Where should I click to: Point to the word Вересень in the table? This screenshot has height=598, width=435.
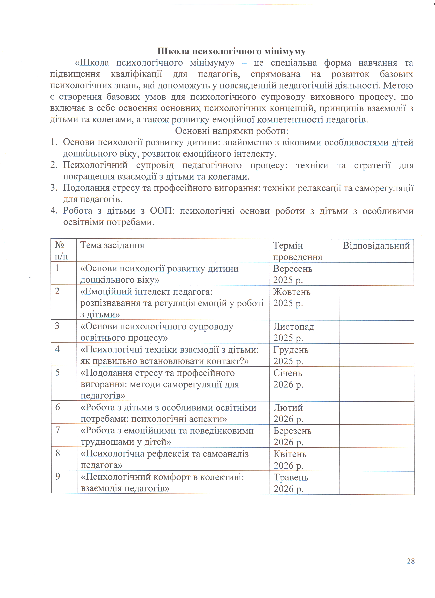tap(293, 269)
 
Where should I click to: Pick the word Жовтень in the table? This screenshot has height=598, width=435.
tap(292, 292)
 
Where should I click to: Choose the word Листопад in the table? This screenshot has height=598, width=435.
tap(294, 327)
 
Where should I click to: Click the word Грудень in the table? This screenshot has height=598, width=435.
tap(291, 350)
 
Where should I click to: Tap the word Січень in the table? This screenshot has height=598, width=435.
tap(288, 373)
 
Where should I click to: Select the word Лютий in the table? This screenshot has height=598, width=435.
tap(288, 408)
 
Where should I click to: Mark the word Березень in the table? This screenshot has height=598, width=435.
tap(292, 431)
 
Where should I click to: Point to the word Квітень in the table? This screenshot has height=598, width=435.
tap(290, 454)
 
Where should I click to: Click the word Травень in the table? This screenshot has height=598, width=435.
tap(291, 477)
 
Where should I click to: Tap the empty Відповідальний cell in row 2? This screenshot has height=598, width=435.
tap(376, 303)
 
